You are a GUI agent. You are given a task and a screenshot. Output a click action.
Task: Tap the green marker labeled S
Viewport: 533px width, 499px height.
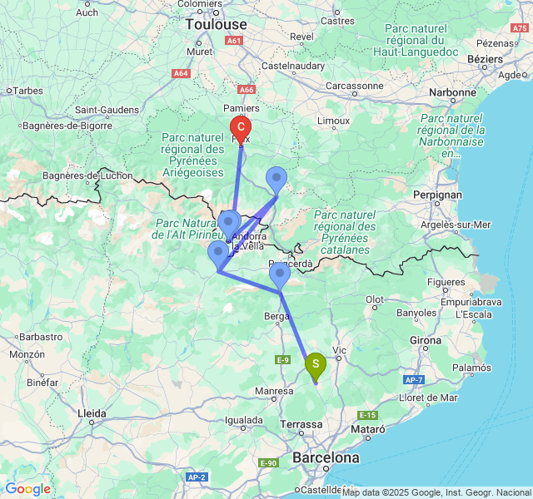coord(316,364)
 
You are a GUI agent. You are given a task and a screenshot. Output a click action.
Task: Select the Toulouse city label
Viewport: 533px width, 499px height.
coord(217,25)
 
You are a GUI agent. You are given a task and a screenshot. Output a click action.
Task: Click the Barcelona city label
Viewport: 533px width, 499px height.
coord(326,457)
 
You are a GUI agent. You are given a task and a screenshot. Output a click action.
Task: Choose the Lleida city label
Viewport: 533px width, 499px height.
coord(92,413)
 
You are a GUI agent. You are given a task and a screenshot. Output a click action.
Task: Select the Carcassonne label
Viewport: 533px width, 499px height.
coord(355,85)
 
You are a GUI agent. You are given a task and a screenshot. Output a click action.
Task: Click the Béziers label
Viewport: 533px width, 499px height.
coord(485,59)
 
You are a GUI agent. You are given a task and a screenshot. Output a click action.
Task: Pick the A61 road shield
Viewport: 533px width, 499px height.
coord(235,41)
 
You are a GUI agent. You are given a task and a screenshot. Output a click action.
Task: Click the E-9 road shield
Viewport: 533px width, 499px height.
coord(282,359)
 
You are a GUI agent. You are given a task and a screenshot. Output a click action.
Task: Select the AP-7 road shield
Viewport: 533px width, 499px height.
coord(414,379)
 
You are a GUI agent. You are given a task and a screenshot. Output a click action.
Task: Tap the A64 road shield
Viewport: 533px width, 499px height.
coord(181,73)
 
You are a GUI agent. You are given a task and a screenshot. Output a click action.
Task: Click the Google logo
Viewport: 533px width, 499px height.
coord(27,489)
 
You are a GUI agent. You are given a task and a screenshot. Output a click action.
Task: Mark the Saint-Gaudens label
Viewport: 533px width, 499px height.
coord(107,110)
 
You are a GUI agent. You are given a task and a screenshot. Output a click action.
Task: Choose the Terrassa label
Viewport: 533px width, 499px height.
coord(301,424)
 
